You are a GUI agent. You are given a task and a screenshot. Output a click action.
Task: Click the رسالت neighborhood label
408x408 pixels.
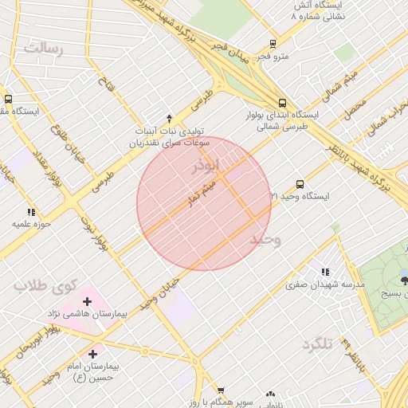pyautogui.click(x=43, y=48)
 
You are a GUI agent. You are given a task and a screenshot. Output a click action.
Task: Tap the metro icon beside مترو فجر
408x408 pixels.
pyautogui.click(x=273, y=45)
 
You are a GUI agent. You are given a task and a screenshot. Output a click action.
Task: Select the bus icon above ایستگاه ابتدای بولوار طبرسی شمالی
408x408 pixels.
pyautogui.click(x=281, y=103)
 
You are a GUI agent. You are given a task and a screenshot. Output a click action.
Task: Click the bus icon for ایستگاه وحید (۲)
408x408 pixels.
pyautogui.click(x=300, y=183)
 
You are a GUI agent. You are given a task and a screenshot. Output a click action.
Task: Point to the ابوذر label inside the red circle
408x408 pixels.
pyautogui.click(x=205, y=168)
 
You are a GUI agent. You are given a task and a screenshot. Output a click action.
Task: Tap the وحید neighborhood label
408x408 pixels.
pyautogui.click(x=265, y=239)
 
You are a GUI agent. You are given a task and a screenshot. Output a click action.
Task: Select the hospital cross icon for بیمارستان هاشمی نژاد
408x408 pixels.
pyautogui.click(x=87, y=301)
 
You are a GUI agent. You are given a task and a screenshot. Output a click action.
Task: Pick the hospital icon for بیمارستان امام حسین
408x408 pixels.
pyautogui.click(x=93, y=353)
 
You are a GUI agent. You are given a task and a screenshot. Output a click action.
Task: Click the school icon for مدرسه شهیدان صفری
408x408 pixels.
pyautogui.click(x=323, y=271)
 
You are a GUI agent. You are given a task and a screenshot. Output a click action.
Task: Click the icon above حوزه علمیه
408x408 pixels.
pyautogui.click(x=31, y=212)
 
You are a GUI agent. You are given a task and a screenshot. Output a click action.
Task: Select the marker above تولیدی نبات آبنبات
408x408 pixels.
pyautogui.click(x=169, y=117)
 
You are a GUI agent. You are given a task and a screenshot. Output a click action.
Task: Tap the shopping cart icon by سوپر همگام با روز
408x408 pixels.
pyautogui.click(x=221, y=390)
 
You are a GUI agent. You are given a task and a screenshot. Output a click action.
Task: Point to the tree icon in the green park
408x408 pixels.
pyautogui.click(x=404, y=278)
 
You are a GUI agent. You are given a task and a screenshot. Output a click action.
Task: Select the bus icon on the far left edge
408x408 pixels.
pyautogui.click(x=8, y=100)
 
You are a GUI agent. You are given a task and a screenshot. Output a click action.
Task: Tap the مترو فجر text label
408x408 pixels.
pyautogui.click(x=270, y=57)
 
